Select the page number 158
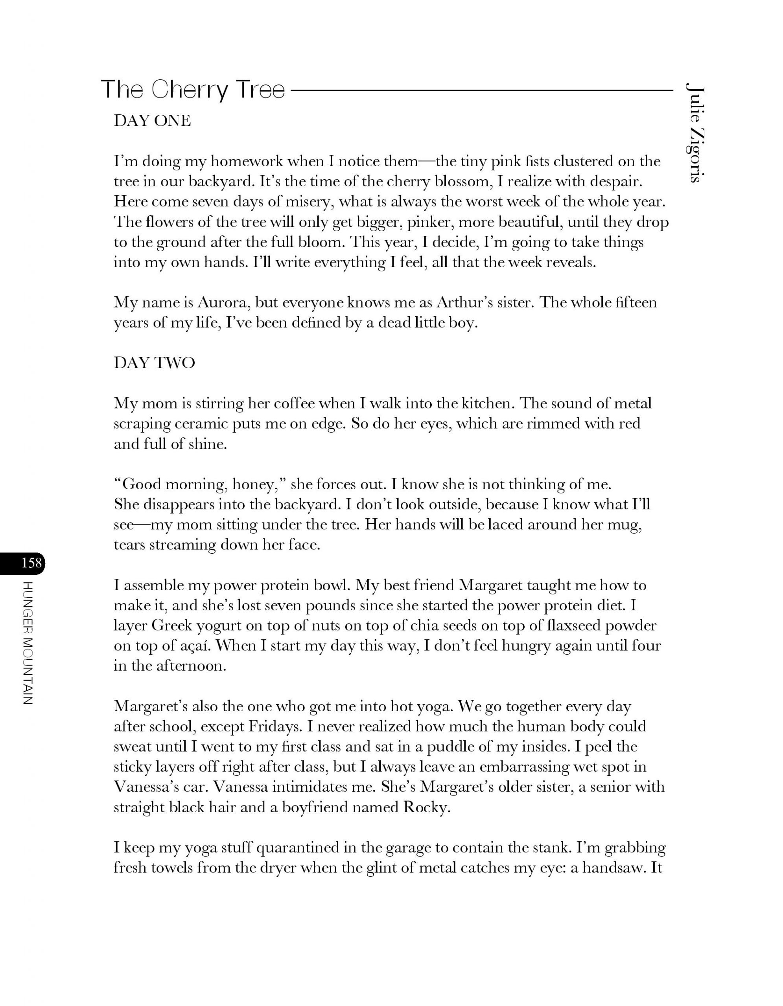click(31, 563)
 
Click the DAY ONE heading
click(152, 121)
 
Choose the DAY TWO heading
click(155, 363)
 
